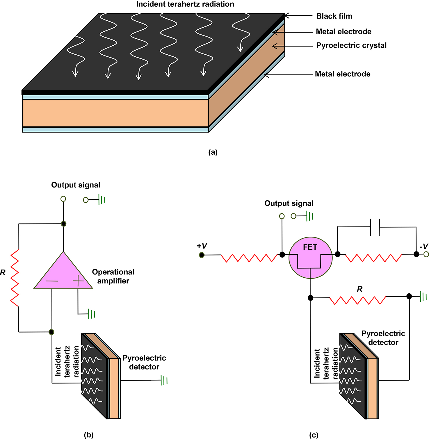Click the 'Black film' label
[334, 16]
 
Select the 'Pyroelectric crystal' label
[351, 46]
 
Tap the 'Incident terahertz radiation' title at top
[185, 4]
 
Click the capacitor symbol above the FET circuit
[375, 227]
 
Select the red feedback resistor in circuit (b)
[15, 278]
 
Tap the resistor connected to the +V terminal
[249, 258]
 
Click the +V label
[202, 246]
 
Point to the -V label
[424, 247]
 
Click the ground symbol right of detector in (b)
[164, 380]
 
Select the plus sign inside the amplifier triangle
[78, 281]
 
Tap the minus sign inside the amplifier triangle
[52, 281]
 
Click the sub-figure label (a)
[213, 152]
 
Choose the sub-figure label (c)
[314, 435]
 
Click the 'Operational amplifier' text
[113, 276]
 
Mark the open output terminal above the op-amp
[63, 199]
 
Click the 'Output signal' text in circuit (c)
[289, 204]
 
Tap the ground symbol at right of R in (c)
[423, 297]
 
